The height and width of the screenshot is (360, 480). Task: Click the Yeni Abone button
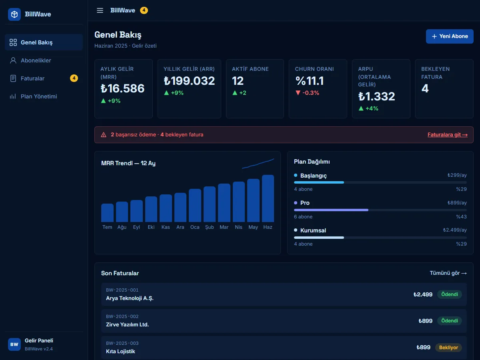coord(450,36)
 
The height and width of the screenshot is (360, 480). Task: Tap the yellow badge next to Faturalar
coord(74,78)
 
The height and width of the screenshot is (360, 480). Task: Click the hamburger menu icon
coord(100,10)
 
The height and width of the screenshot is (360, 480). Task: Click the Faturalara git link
coord(448,135)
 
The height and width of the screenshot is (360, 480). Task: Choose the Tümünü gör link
coord(448,273)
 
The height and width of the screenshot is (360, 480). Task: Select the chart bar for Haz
coord(268,198)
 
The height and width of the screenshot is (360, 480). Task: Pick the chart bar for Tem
coord(107,213)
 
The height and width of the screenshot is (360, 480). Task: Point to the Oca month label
coord(195,227)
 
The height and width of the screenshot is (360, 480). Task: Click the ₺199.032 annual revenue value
coord(189,81)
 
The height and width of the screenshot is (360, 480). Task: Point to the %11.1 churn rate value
coord(310,81)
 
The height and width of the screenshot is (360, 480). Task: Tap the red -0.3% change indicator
coord(307,93)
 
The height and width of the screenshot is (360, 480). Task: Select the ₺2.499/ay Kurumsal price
coord(455,230)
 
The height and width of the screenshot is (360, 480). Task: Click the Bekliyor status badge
coord(448,348)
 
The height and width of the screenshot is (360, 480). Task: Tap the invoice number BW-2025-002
coord(122,316)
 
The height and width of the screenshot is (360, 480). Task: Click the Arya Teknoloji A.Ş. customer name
coord(130,298)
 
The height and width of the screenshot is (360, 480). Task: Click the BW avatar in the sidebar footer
coord(14,344)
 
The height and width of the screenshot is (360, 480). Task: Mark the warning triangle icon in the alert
coord(104,135)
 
